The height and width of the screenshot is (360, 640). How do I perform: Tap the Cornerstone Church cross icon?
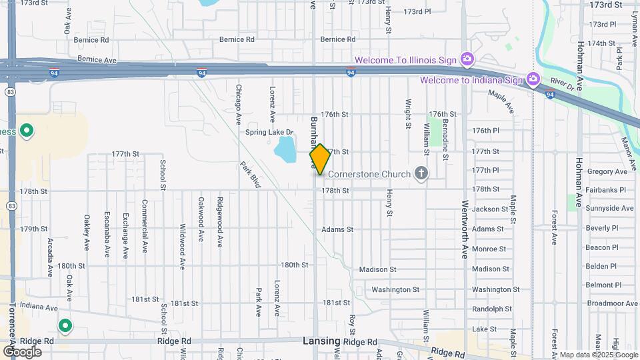point(421,174)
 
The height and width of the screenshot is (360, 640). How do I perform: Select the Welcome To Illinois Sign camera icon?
point(467,60)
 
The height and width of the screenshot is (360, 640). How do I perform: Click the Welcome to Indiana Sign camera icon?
point(533,80)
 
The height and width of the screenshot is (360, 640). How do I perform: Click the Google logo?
point(22,351)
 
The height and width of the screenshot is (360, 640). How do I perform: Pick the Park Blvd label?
point(249,175)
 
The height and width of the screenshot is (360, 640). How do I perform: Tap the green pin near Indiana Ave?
point(65,326)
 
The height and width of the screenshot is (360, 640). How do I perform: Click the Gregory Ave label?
point(607,171)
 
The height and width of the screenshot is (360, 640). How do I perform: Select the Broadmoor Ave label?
point(608,303)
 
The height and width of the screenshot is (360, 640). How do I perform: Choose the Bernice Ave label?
point(97,59)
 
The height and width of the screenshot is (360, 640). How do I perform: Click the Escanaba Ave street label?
point(106,235)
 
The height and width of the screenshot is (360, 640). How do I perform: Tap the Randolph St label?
point(492,309)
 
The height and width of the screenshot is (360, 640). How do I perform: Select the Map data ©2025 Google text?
point(599,355)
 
